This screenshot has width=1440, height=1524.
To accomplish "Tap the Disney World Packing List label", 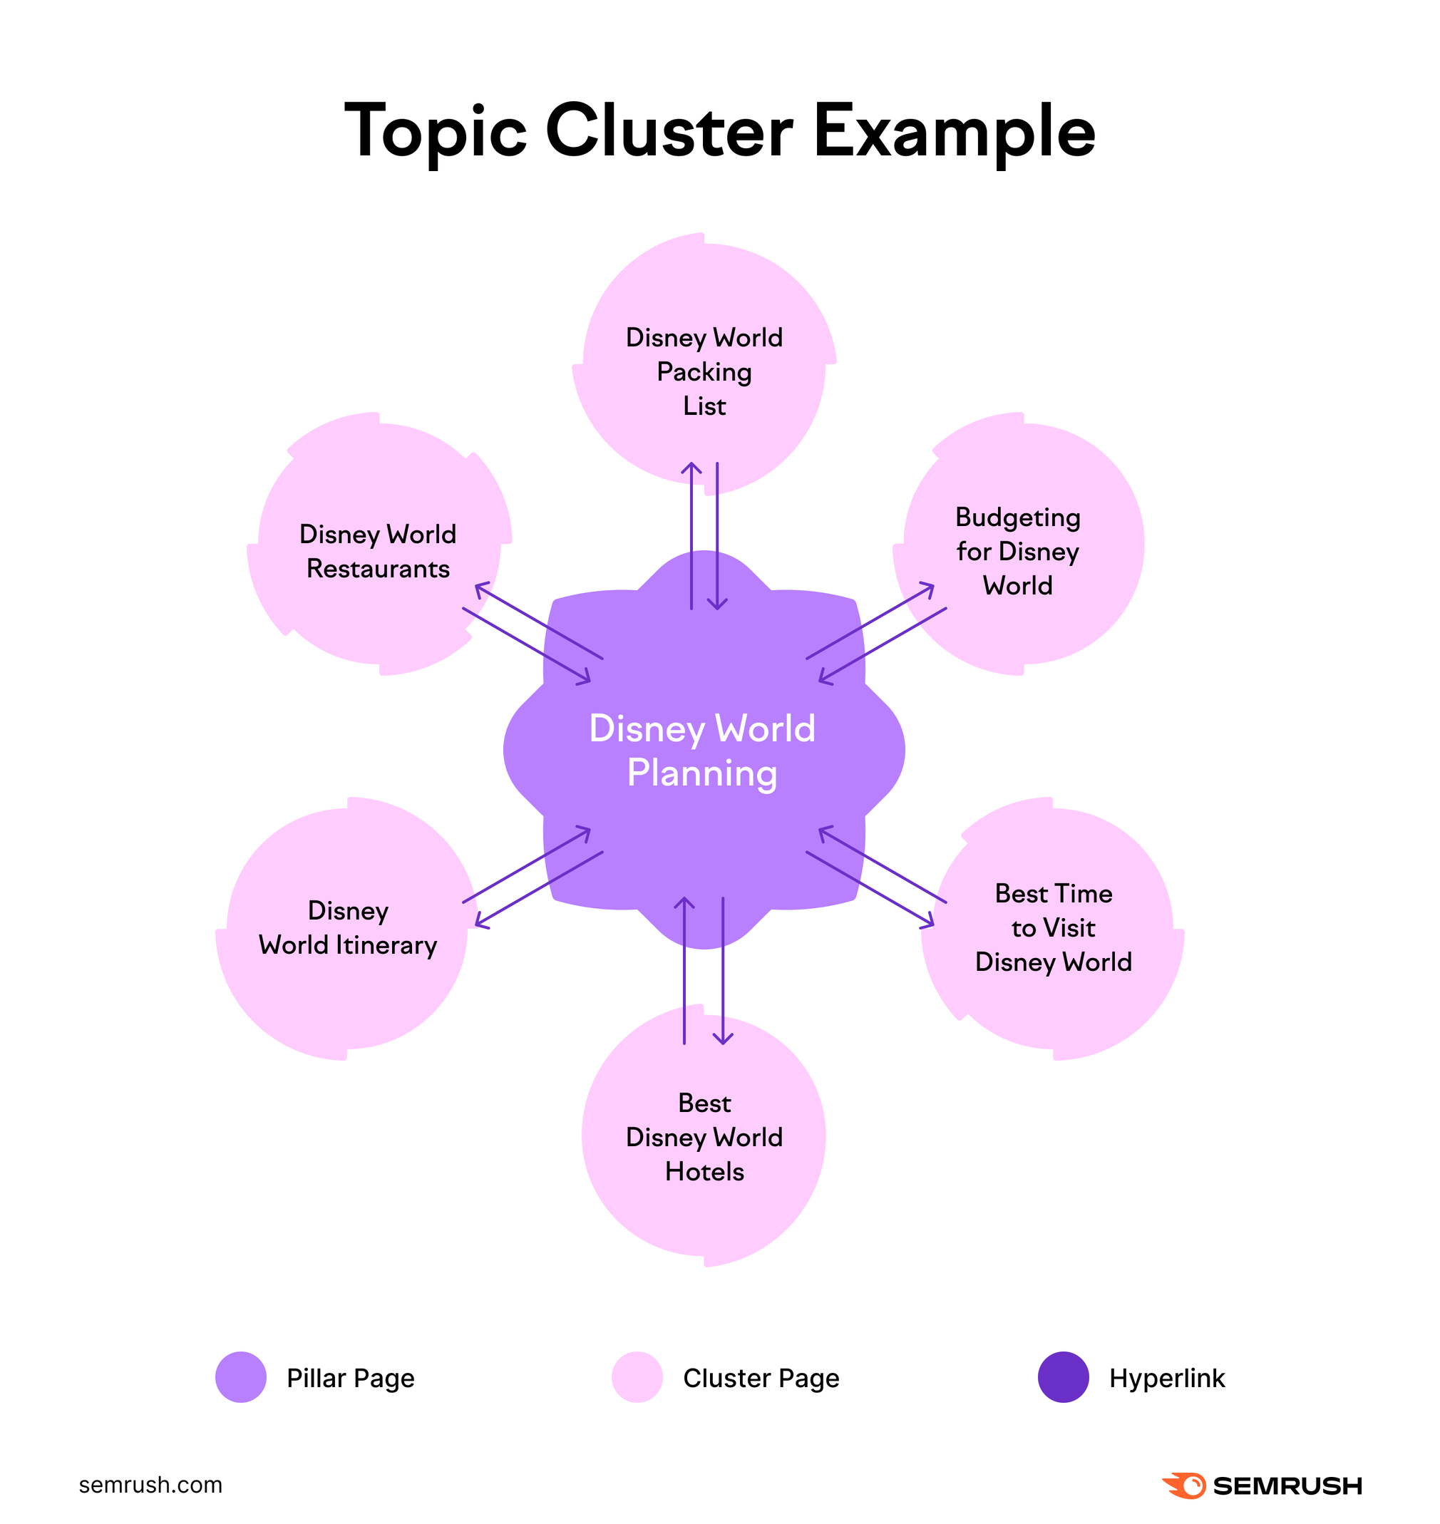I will (x=704, y=371).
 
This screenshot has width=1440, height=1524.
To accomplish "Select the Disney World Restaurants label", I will (x=378, y=551).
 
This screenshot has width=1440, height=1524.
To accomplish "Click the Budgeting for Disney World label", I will (x=1017, y=551).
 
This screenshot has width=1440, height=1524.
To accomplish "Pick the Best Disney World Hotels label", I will (x=704, y=1136).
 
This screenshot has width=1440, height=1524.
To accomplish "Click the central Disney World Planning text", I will (x=701, y=750).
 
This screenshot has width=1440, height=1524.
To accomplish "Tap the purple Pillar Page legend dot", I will (x=241, y=1377).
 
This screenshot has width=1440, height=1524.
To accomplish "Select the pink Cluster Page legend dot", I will (x=637, y=1377).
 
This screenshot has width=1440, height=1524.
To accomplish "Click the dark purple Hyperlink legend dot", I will (x=1063, y=1377).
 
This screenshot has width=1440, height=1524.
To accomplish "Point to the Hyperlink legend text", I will (x=1167, y=1378).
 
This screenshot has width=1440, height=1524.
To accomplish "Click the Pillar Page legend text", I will (x=350, y=1378).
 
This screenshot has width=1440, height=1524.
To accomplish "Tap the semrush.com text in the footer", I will (x=150, y=1485).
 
